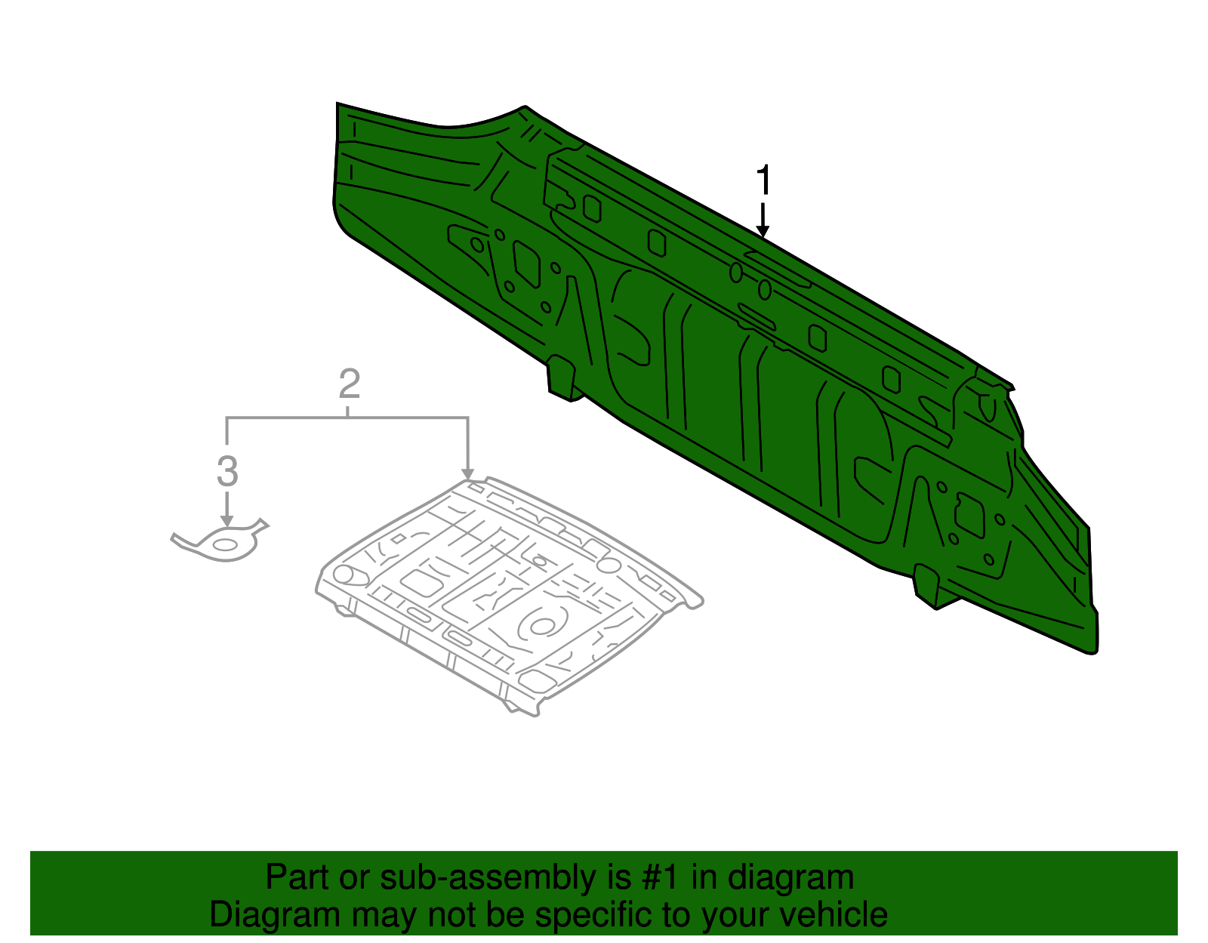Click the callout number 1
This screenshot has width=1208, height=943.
[763, 181]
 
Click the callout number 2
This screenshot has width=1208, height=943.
[349, 384]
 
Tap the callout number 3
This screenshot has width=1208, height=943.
[227, 472]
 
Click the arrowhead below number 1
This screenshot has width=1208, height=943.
[763, 230]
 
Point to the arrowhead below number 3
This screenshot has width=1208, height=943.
[226, 521]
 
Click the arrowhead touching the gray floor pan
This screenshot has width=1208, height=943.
[468, 473]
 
